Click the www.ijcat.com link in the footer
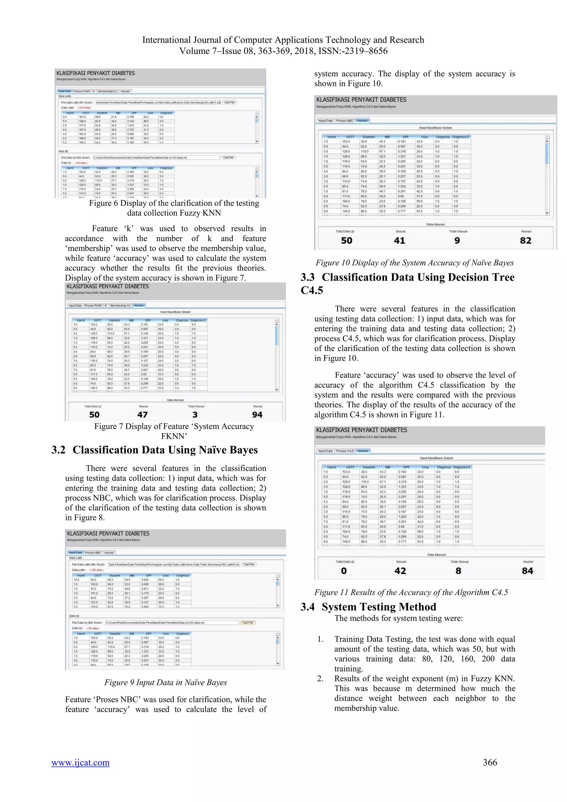[80, 762]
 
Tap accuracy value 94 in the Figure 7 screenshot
[257, 415]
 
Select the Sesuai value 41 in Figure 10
[400, 241]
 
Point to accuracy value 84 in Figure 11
[527, 571]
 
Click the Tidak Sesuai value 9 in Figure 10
[457, 241]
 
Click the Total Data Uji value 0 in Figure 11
[344, 571]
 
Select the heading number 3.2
[58, 450]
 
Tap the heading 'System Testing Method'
[379, 607]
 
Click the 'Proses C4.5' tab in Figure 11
[345, 451]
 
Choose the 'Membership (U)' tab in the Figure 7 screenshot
[120, 306]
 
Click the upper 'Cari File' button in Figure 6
[230, 103]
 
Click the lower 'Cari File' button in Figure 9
[248, 623]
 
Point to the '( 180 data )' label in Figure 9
[96, 570]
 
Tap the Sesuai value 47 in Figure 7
[143, 415]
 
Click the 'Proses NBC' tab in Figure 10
[345, 121]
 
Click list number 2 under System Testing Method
[320, 678]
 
